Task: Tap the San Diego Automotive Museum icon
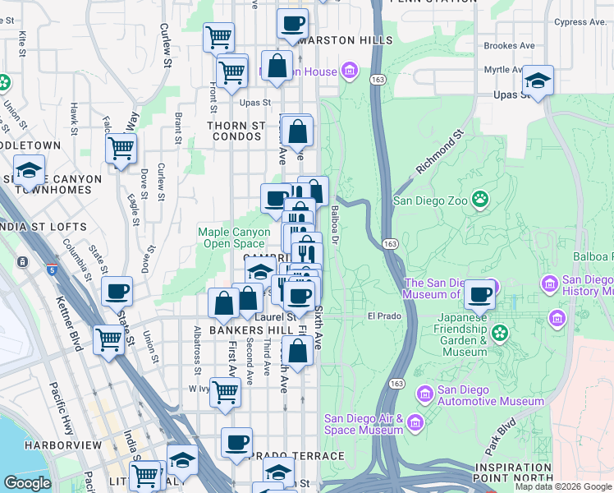pyautogui.click(x=424, y=394)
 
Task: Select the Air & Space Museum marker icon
pyautogui.click(x=415, y=423)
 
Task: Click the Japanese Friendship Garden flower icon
pyautogui.click(x=498, y=333)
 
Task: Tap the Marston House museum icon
pyautogui.click(x=351, y=71)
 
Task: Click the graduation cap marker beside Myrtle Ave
pyautogui.click(x=538, y=81)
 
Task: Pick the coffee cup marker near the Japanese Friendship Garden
pyautogui.click(x=479, y=294)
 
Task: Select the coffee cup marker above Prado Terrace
pyautogui.click(x=236, y=442)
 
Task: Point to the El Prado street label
pyautogui.click(x=382, y=316)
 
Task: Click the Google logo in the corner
pyautogui.click(x=27, y=483)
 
